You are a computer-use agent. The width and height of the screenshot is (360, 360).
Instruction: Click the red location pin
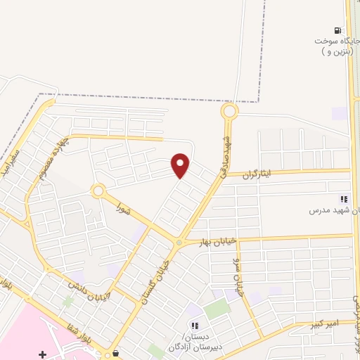(181, 165)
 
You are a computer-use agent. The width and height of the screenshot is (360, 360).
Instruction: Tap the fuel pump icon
(338, 30)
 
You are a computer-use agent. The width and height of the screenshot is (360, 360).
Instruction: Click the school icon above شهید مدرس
(344, 200)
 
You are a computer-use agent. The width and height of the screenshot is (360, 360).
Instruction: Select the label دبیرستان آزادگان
(191, 342)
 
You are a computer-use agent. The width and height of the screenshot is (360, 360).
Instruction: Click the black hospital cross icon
(44, 354)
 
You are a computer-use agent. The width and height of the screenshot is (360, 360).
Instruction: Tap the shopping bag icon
(115, 354)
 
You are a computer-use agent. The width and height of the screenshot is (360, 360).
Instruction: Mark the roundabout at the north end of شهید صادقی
(229, 111)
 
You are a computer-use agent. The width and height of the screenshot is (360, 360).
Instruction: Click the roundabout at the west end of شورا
(98, 191)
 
